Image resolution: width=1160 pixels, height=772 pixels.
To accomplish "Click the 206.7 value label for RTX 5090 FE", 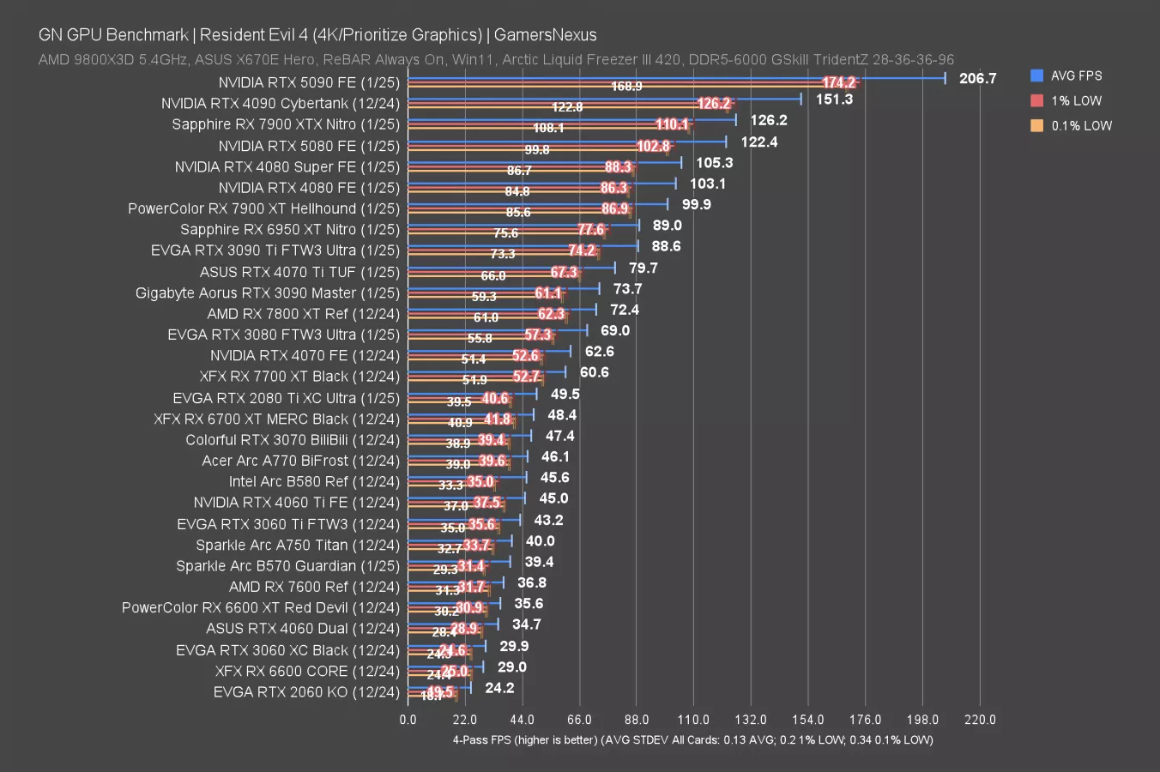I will pyautogui.click(x=977, y=78).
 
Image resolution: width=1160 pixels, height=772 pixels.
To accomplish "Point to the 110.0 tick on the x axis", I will pyautogui.click(x=693, y=720).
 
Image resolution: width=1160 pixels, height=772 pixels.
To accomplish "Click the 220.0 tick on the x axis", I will pyautogui.click(x=980, y=720).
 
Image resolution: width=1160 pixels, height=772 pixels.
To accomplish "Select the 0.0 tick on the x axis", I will pyautogui.click(x=408, y=720).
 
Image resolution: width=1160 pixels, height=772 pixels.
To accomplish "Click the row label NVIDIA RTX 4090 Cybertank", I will pyautogui.click(x=280, y=104).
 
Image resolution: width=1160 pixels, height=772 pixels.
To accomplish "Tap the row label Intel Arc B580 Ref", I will pyautogui.click(x=314, y=481).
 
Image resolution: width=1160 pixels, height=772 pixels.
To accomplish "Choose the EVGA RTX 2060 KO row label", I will pyautogui.click(x=306, y=691).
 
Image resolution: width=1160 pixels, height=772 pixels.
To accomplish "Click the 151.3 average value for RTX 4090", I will pyautogui.click(x=834, y=100).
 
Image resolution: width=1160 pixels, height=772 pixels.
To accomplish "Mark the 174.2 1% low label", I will pyautogui.click(x=838, y=82).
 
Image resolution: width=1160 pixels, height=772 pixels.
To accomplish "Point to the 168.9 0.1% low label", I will pyautogui.click(x=626, y=87).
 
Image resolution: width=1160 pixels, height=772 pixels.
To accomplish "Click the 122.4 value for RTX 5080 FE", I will pyautogui.click(x=758, y=142).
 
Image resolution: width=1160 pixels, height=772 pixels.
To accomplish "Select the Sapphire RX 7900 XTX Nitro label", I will pyautogui.click(x=286, y=124).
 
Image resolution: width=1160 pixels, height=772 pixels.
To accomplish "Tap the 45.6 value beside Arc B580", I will pyautogui.click(x=554, y=477).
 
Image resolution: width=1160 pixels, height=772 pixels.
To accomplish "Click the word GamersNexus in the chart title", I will pyautogui.click(x=545, y=35).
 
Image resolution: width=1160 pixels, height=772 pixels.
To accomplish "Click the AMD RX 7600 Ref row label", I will pyautogui.click(x=314, y=587).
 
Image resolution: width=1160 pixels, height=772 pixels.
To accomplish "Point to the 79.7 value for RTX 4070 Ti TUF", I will pyautogui.click(x=643, y=268).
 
